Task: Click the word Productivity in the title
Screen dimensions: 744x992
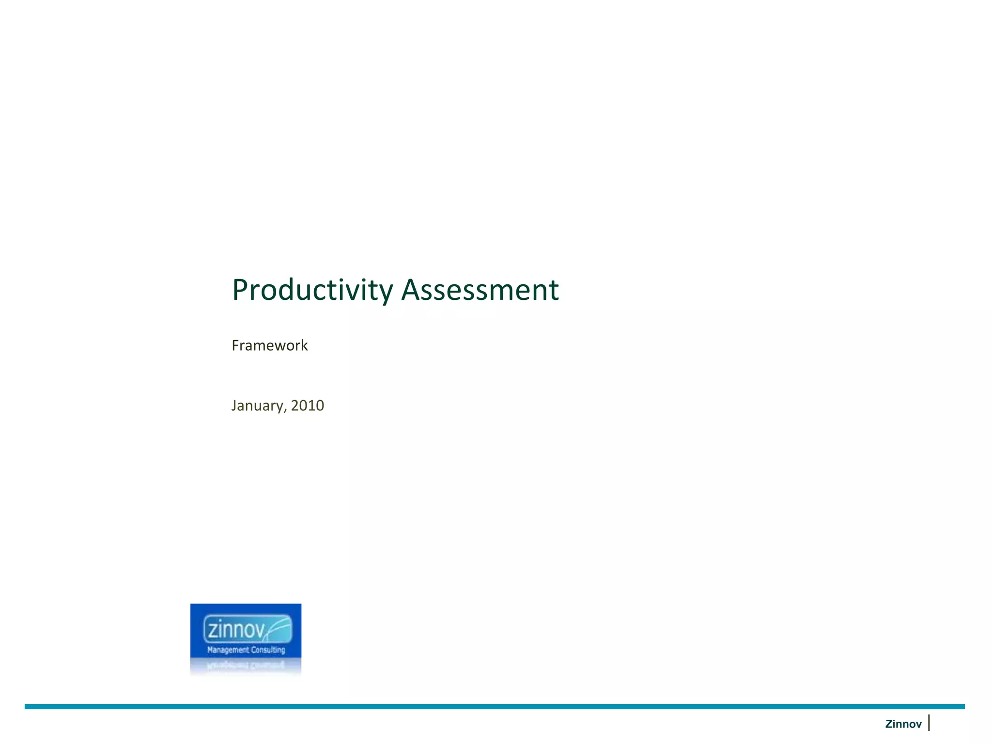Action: [312, 290]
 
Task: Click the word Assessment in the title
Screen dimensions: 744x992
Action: [480, 290]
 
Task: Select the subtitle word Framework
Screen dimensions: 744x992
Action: [269, 345]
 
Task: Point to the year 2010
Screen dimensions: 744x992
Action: [308, 405]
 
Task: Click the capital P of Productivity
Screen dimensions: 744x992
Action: [241, 290]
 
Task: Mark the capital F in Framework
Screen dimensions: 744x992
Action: [235, 345]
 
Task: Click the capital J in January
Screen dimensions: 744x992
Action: [234, 405]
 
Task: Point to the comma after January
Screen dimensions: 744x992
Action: [286, 409]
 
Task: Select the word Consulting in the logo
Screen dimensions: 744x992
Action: [268, 650]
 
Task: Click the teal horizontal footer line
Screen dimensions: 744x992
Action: [494, 707]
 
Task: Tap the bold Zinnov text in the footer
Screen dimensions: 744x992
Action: [903, 724]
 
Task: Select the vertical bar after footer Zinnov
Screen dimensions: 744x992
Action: [929, 723]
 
